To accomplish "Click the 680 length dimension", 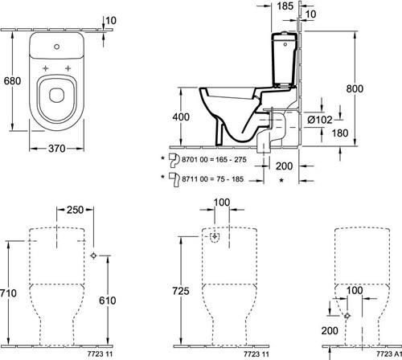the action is click(x=12, y=80).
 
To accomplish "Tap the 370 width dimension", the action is click(x=57, y=148).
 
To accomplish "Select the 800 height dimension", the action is click(x=355, y=88).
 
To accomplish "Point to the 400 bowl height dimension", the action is click(x=181, y=117).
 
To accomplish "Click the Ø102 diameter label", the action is click(x=320, y=120).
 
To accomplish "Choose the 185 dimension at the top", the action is click(x=285, y=6).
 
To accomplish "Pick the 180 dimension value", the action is click(x=340, y=133).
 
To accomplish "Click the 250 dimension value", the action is click(x=76, y=210).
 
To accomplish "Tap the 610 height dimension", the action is click(x=108, y=301).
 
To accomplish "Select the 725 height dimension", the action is click(x=181, y=291).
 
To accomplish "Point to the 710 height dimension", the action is click(x=9, y=293).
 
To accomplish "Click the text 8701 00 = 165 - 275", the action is click(x=214, y=160).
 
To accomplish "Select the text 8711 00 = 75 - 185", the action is click(x=213, y=179).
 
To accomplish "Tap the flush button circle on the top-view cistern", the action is click(x=56, y=47).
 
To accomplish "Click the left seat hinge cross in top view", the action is click(x=46, y=68).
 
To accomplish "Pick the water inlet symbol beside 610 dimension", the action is click(x=93, y=256).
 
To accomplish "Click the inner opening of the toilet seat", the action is click(x=57, y=95).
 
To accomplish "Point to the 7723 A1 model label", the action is click(x=389, y=354).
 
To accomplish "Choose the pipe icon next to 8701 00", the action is click(x=174, y=160).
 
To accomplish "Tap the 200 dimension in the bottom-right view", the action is click(x=330, y=331).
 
